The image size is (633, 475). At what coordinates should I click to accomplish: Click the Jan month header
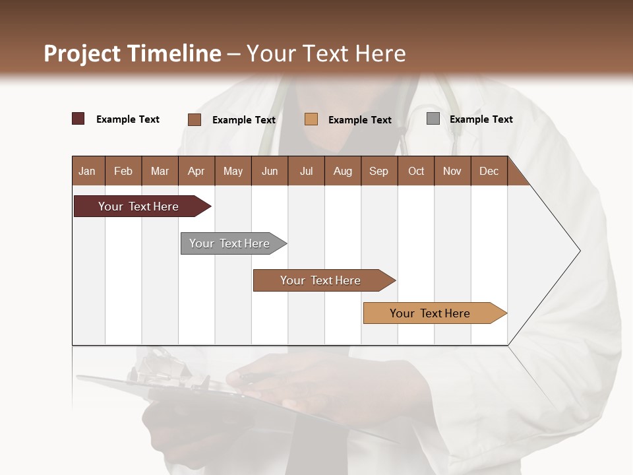(x=88, y=171)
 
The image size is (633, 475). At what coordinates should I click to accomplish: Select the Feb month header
(x=123, y=171)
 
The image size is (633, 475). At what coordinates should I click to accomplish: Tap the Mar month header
(x=160, y=171)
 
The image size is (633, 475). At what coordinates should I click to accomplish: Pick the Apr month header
(x=196, y=171)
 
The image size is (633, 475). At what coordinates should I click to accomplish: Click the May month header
(x=233, y=171)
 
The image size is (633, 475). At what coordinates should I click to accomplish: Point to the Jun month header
(x=270, y=171)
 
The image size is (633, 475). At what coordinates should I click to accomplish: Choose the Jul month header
(x=306, y=171)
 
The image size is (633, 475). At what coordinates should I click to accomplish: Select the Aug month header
(x=343, y=171)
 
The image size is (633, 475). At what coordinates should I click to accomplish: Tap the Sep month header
(x=379, y=171)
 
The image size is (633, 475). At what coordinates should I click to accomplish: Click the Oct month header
(x=416, y=171)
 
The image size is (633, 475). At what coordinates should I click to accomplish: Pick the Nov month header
(x=452, y=171)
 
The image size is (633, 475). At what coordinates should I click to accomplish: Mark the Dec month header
(x=489, y=171)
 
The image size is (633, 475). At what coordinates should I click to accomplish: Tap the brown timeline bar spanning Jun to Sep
(x=321, y=280)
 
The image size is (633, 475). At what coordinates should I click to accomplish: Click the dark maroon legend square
(x=78, y=119)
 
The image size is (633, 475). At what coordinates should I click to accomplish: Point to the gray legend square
(x=433, y=119)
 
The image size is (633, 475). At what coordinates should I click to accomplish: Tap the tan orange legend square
(x=311, y=119)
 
